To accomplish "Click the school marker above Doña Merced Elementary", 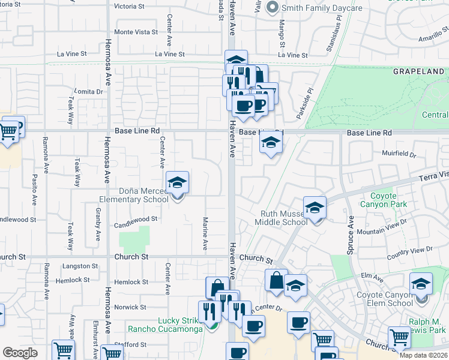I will tap(177, 182).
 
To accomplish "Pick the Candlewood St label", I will tap(136, 220).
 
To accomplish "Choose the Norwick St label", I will tap(130, 307).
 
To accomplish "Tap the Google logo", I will tap(20, 353).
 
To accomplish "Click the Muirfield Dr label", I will tap(399, 154).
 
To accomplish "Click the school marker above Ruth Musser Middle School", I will tap(315, 208).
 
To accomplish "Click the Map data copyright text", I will tap(424, 355).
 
